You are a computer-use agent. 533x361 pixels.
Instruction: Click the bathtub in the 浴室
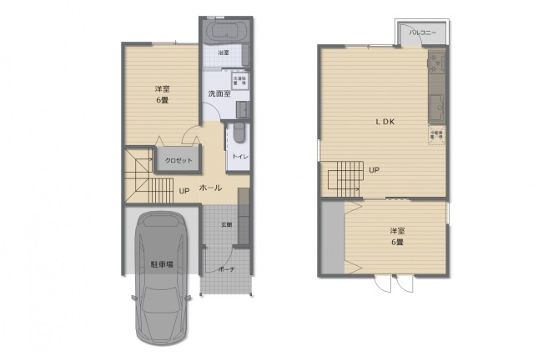[225, 34]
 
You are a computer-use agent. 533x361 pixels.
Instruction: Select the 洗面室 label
[219, 94]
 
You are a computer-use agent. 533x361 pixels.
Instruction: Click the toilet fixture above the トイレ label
[239, 133]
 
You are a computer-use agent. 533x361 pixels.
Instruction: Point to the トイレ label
[239, 156]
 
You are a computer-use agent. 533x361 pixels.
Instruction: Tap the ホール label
[210, 188]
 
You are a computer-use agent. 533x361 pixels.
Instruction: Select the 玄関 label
[226, 224]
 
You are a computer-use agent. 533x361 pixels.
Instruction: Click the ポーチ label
[226, 269]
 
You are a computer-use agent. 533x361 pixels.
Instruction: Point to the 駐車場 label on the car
[162, 264]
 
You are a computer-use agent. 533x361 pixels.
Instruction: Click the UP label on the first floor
[184, 190]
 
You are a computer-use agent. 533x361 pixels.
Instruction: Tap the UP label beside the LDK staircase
[375, 170]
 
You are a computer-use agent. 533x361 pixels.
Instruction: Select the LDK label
[384, 122]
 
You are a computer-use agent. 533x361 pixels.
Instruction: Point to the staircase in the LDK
[343, 178]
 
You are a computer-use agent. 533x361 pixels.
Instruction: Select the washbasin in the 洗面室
[241, 109]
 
